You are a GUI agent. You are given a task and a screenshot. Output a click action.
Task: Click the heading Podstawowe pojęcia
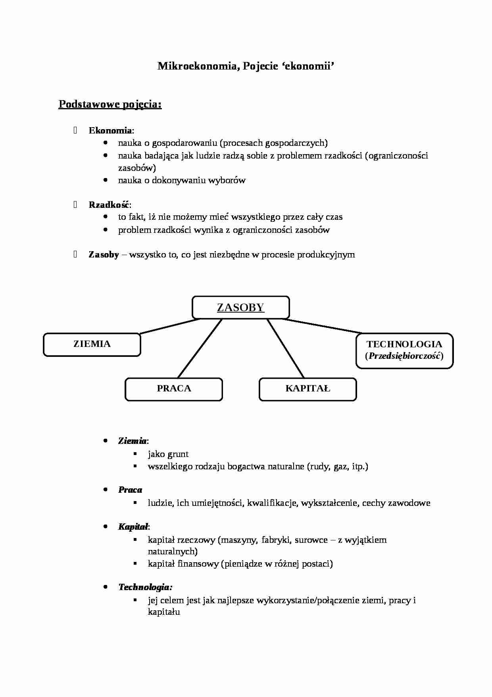(110, 105)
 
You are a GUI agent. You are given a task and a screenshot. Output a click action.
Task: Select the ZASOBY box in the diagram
(240, 308)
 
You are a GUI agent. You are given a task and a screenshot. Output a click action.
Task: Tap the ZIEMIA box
(92, 344)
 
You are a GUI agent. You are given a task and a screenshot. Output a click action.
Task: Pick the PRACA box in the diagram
(174, 389)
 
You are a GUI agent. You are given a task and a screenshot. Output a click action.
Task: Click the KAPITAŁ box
(307, 389)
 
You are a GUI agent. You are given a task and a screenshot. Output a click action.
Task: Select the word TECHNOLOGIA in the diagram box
(404, 344)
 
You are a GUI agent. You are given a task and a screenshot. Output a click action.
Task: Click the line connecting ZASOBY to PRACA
(200, 348)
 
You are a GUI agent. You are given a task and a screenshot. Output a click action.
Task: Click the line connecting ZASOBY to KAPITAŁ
(285, 348)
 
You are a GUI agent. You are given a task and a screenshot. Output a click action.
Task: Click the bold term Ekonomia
(110, 130)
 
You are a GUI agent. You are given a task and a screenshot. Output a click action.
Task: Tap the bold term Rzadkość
(109, 205)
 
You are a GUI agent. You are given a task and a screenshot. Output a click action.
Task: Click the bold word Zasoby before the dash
(104, 255)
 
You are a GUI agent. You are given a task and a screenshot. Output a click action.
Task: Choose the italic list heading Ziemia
(132, 441)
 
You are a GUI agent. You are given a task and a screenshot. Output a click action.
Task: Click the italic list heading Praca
(130, 490)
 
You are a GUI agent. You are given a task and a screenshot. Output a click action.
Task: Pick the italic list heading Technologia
(145, 587)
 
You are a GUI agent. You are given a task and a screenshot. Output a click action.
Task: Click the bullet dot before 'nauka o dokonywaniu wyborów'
(105, 180)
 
